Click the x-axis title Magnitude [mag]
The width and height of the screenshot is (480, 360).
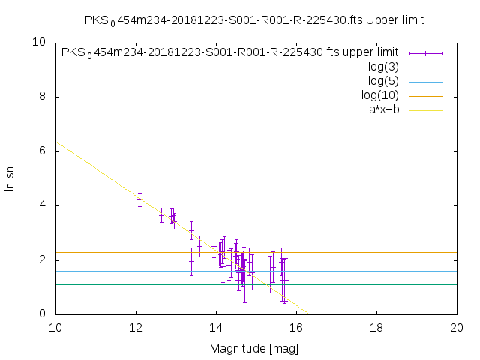click(x=256, y=348)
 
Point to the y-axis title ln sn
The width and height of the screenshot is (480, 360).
click(x=10, y=178)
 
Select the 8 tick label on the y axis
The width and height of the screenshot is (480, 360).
click(x=43, y=97)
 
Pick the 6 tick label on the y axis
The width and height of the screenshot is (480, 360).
click(x=43, y=151)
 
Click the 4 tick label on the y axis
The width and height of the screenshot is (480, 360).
click(x=43, y=205)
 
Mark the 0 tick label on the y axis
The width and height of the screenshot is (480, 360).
click(x=43, y=313)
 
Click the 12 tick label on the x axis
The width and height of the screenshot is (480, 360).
click(x=136, y=328)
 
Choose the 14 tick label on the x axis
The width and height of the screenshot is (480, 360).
click(x=216, y=328)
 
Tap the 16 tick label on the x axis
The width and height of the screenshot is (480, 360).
click(x=296, y=328)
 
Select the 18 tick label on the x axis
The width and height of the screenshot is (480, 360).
click(x=376, y=328)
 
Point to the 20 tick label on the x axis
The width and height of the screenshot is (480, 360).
click(x=457, y=328)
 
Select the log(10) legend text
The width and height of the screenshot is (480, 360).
click(x=380, y=95)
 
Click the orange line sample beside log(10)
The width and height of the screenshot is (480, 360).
click(x=424, y=95)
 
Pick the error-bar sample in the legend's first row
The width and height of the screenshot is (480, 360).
click(x=424, y=53)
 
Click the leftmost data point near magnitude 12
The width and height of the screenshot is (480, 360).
click(x=139, y=199)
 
